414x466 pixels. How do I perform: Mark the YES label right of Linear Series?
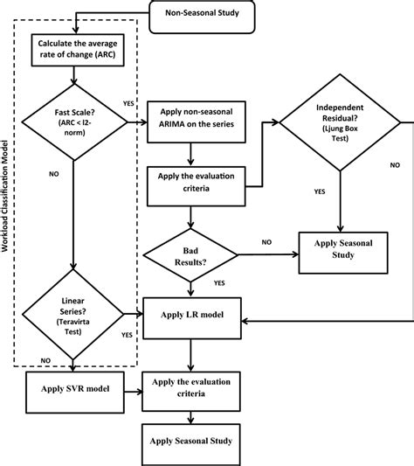tap(128, 333)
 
